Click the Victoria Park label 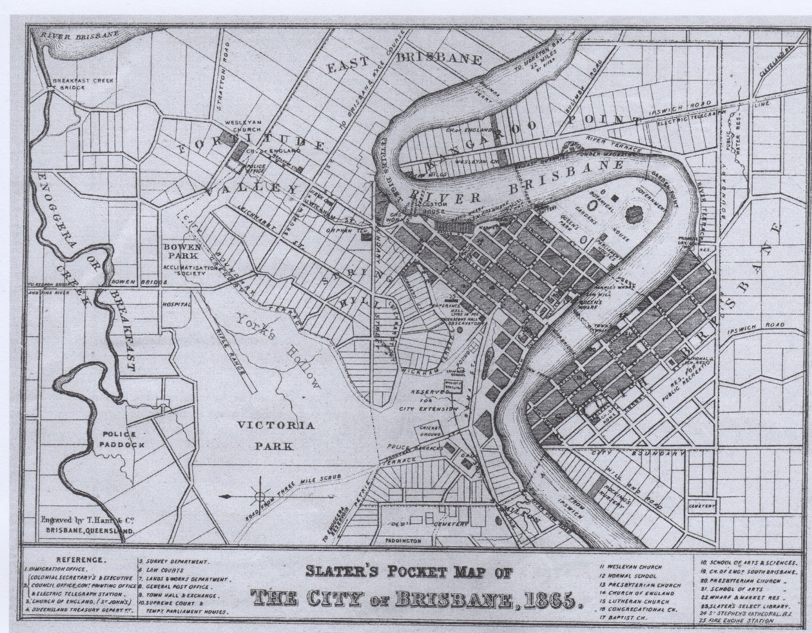click(x=277, y=436)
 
